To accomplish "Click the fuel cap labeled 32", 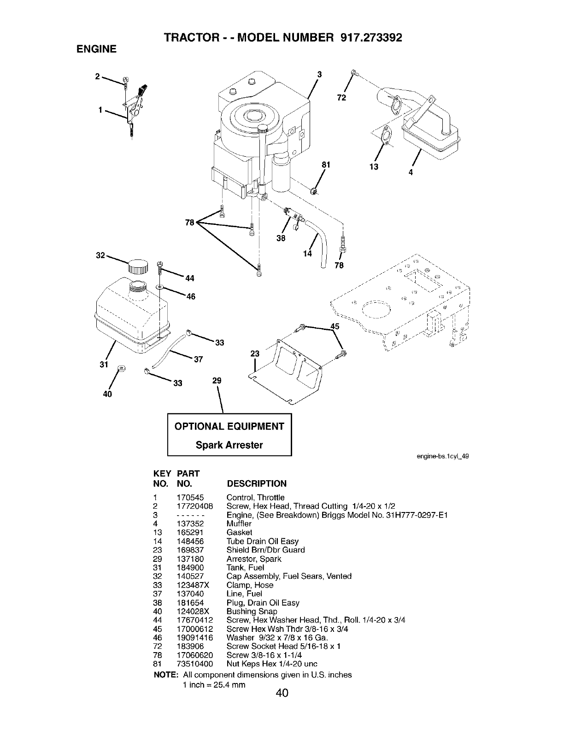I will point(138,267).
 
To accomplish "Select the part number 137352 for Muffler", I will point(190,524).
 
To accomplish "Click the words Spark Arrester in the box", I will point(229,445).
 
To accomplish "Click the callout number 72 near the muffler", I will point(341,98).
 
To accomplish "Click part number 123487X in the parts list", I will point(193,585).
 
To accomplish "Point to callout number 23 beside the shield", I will point(255,354).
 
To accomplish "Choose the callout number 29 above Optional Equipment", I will point(217,381).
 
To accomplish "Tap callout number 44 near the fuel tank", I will point(190,278).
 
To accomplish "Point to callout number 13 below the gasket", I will point(374,166).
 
